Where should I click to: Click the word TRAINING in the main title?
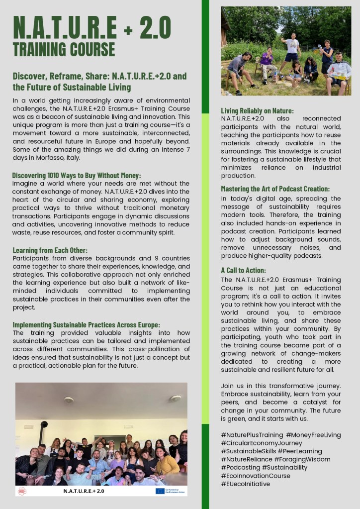click(41, 50)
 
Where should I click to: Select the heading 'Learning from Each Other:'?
click(50, 250)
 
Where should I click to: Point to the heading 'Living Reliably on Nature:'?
click(257, 110)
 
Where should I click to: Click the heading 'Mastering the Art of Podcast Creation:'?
click(275, 189)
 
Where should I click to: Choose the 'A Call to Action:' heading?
click(243, 270)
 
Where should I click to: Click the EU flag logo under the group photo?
click(160, 491)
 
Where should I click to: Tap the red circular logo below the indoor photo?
click(22, 491)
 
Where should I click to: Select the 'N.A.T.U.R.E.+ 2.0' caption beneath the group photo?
click(84, 491)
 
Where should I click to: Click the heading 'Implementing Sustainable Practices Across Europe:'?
click(86, 325)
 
